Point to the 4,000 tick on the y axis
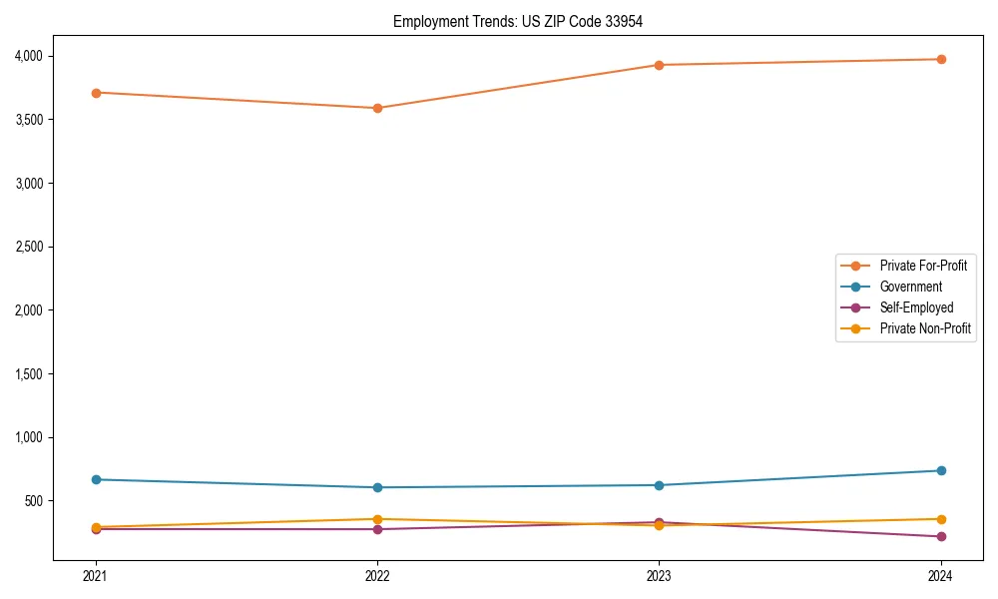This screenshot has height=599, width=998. coord(28,56)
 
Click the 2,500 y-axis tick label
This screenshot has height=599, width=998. coord(28,247)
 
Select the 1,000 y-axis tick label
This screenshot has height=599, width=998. coord(28,437)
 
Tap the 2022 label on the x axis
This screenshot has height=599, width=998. coord(377,575)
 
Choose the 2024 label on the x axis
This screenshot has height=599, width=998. coord(941,575)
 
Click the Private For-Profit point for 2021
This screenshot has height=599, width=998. coord(96,93)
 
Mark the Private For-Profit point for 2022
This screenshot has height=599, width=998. coord(377,108)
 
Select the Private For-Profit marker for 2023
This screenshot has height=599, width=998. coord(659,65)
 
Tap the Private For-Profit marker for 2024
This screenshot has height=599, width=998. coord(941,59)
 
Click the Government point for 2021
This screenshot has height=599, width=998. coord(96,479)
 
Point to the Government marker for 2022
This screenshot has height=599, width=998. coord(377,487)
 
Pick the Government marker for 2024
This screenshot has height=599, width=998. coord(941,470)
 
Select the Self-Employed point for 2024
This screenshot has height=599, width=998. coord(941,536)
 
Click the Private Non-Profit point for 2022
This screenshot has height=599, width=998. coord(377,519)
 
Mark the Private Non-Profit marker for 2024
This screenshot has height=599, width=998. coord(941,519)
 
